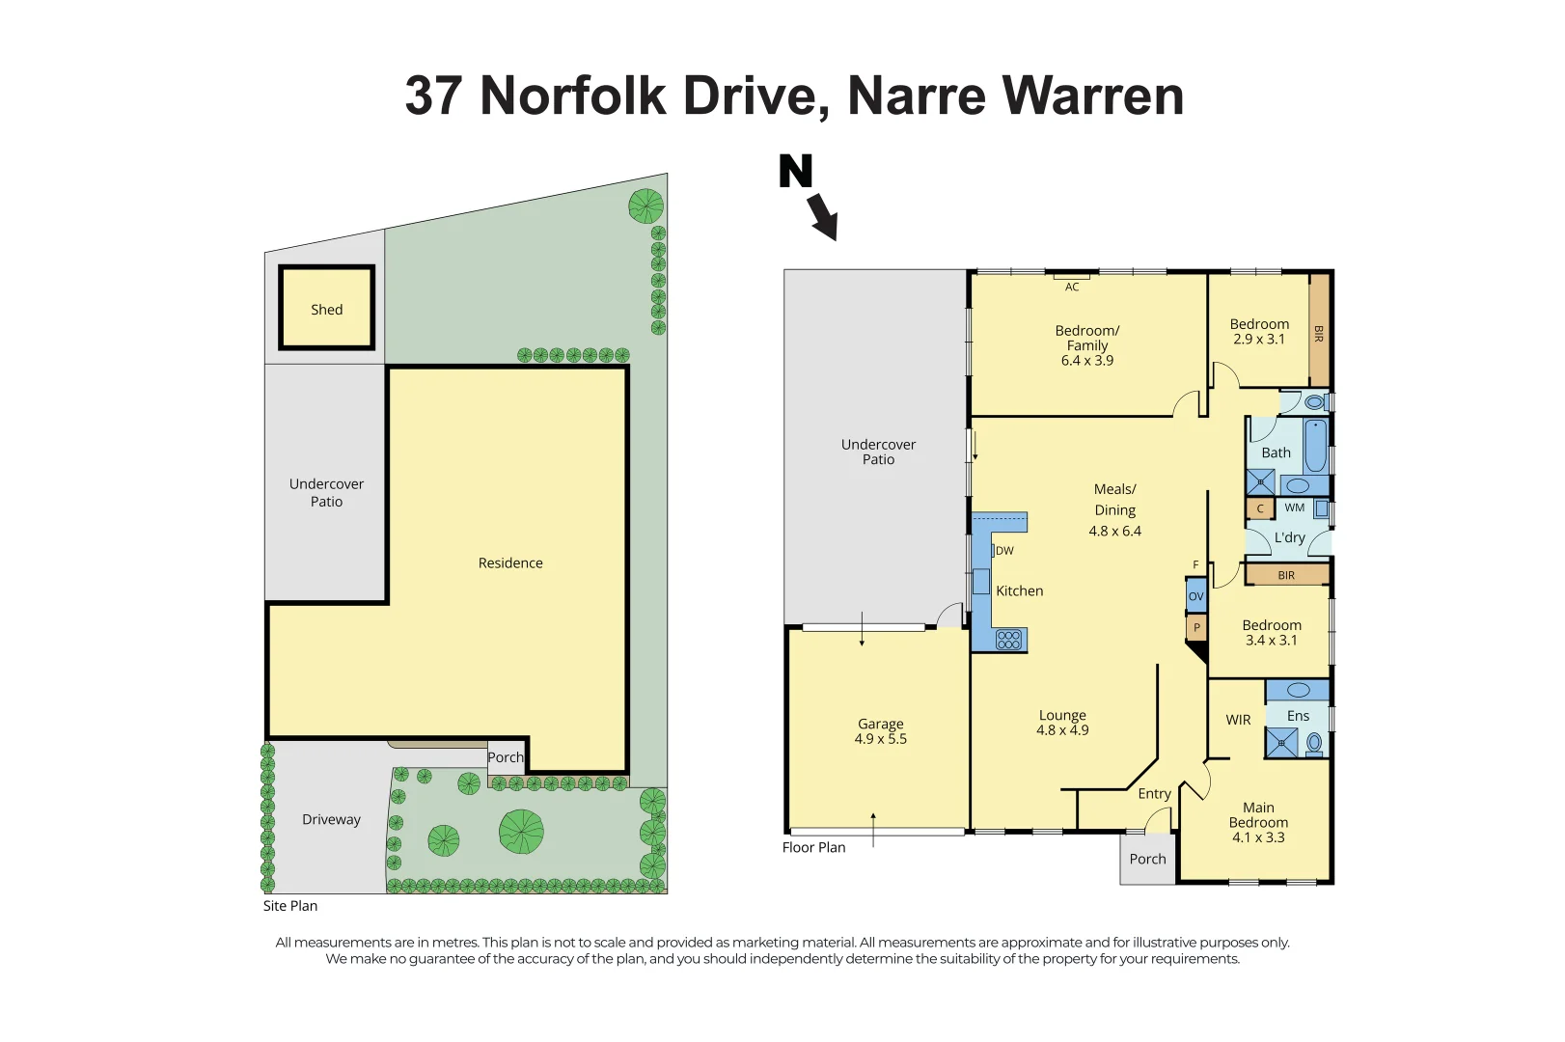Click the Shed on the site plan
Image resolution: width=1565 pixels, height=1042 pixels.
(x=326, y=309)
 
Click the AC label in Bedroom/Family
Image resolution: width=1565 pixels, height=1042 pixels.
(x=1072, y=287)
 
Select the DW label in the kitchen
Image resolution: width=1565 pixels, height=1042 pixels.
(x=1004, y=551)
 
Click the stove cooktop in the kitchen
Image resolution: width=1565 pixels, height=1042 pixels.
(x=1009, y=639)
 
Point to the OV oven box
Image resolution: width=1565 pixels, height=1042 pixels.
(x=1196, y=596)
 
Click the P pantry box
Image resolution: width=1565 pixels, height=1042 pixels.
(x=1196, y=628)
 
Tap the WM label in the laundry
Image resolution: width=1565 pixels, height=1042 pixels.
(x=1295, y=507)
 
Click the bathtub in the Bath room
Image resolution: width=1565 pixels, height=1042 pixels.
(x=1315, y=446)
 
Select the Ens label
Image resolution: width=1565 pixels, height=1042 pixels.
(x=1298, y=716)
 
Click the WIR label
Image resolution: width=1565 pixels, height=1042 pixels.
(x=1238, y=720)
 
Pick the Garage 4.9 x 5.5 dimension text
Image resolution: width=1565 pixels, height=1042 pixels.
(x=880, y=739)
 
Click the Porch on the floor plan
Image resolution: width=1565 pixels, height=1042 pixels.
(x=1147, y=859)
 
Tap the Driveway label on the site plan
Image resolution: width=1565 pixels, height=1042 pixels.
(x=331, y=819)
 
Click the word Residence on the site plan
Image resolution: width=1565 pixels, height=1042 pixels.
(x=510, y=562)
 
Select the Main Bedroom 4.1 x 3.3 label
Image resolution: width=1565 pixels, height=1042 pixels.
(x=1258, y=822)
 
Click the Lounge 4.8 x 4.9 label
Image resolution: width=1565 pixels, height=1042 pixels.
(x=1062, y=723)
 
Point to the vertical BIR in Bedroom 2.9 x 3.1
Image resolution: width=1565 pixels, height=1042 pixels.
(x=1319, y=333)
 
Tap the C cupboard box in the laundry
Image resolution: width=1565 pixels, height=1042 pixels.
(x=1260, y=508)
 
